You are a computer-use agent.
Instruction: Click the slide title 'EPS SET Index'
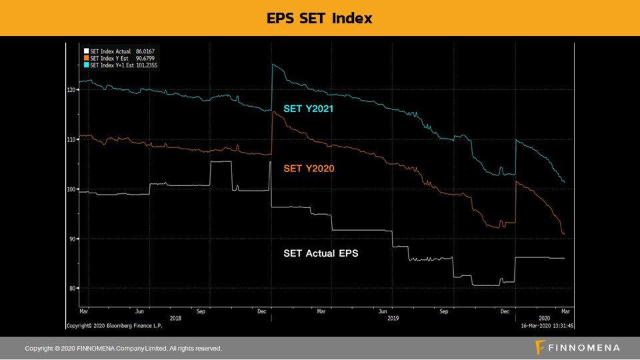click(319, 18)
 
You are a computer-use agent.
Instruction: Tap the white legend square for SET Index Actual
click(86, 51)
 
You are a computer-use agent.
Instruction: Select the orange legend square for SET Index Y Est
click(86, 58)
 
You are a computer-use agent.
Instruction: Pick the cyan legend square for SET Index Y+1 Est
click(86, 65)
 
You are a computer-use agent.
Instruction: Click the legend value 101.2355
click(148, 65)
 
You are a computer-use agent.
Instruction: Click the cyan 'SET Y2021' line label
click(309, 109)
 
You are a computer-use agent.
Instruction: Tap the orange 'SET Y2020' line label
click(309, 169)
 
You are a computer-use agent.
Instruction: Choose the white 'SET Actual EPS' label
click(321, 253)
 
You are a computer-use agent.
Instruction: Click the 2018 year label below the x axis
click(175, 318)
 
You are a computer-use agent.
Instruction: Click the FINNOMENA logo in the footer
click(577, 347)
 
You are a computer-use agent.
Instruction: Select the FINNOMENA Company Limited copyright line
click(123, 348)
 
